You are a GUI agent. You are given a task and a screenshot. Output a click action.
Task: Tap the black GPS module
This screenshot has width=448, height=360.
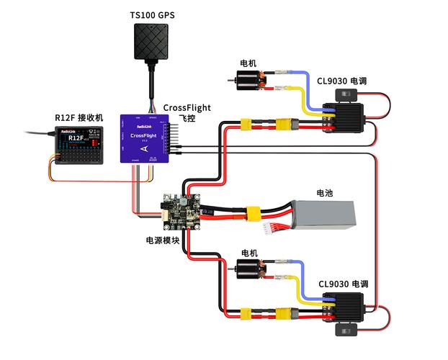tap(154, 43)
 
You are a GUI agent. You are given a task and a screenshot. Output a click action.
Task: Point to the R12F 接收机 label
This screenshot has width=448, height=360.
tap(79, 117)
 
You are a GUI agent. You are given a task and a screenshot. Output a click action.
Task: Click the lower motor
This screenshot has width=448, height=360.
tap(248, 270)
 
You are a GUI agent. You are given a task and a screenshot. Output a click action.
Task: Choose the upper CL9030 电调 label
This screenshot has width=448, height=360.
tap(343, 81)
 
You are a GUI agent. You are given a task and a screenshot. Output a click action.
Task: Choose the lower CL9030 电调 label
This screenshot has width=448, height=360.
tap(344, 284)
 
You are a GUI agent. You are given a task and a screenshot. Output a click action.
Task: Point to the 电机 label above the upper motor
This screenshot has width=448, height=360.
tap(248, 63)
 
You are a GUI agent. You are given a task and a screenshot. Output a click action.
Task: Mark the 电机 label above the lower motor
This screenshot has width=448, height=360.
tap(249, 253)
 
